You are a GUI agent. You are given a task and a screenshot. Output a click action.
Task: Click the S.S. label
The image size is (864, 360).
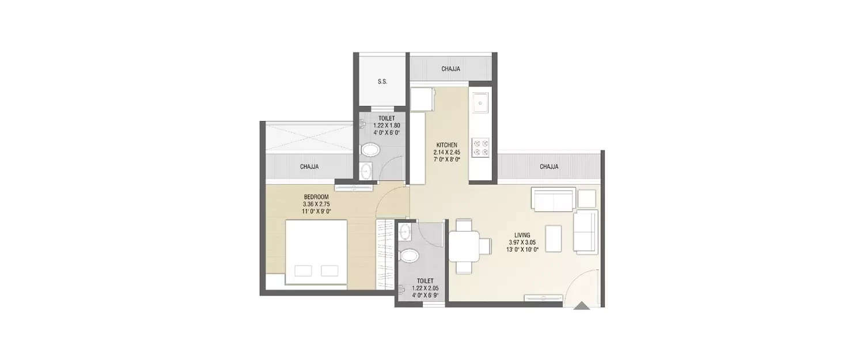point(382,82)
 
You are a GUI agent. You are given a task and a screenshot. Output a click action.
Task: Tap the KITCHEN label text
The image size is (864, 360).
point(446,145)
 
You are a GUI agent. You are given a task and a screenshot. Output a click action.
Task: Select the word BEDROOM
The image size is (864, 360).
point(316,197)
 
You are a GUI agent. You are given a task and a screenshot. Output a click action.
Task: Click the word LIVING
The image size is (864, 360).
point(522,235)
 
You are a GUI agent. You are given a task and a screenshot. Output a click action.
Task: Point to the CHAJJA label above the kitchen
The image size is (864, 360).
point(450,69)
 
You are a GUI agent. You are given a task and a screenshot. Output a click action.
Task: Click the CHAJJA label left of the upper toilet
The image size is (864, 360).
point(309,166)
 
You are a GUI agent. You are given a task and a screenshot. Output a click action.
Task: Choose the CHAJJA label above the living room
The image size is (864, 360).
point(549,166)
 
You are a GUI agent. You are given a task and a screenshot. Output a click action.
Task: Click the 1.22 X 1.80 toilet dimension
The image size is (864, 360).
point(386,126)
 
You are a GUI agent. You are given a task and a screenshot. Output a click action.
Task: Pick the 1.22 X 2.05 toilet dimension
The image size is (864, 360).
point(425,288)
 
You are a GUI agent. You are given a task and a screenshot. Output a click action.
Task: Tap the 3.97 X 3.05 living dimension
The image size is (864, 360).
point(522,242)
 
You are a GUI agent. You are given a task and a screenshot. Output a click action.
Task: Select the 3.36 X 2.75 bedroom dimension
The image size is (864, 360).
point(316,204)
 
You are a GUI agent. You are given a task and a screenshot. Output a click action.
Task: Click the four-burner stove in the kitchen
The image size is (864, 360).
point(480,147)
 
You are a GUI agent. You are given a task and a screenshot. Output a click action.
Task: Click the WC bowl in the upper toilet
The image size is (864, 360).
point(370,150)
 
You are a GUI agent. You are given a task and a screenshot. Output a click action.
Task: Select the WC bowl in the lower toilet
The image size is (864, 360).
point(408,255)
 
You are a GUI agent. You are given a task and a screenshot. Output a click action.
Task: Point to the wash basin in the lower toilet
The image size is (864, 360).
point(405,232)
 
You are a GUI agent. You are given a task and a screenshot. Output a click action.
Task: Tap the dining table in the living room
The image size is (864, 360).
point(464,246)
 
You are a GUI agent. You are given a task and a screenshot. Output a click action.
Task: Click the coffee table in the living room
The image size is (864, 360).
point(554,239)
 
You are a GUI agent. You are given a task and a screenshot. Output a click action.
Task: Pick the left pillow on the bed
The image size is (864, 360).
point(303,271)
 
